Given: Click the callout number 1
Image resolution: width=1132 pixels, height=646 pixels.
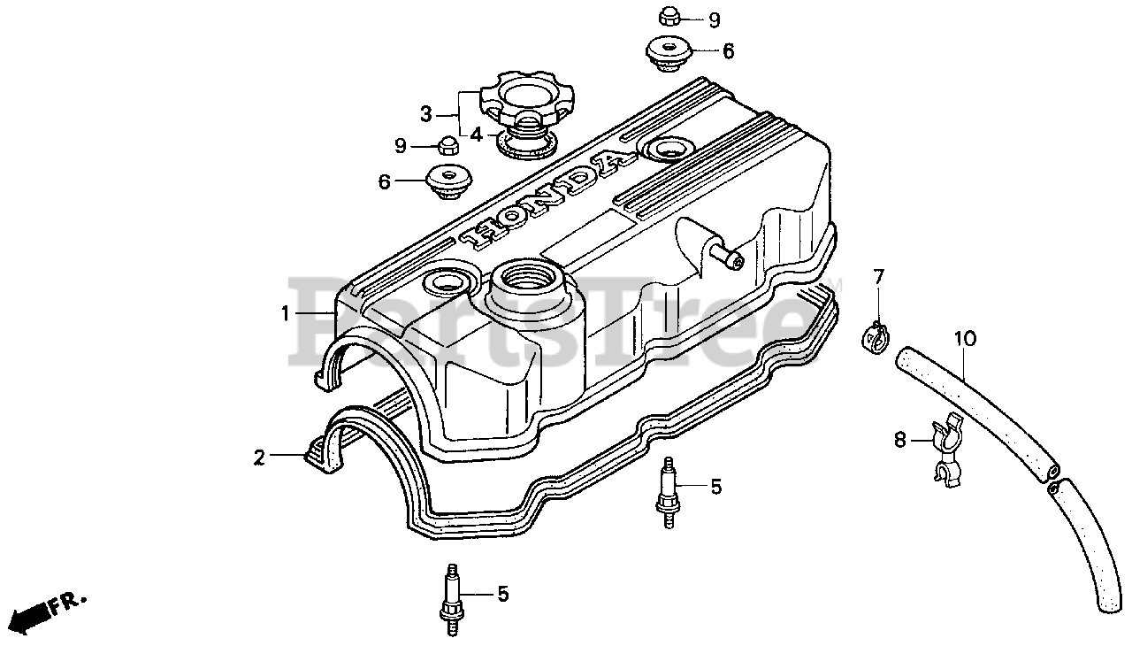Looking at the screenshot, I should click(286, 313).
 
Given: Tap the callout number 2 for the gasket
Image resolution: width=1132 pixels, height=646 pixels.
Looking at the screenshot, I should click(259, 458).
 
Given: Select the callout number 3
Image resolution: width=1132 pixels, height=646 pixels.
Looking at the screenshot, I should click(425, 114).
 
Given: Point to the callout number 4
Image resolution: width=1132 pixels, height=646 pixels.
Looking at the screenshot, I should click(476, 135).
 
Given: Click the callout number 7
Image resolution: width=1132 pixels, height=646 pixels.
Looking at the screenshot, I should click(878, 277).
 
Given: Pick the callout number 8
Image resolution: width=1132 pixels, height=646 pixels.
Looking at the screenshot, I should click(900, 440).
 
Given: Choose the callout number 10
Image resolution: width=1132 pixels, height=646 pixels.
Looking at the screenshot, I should click(965, 338).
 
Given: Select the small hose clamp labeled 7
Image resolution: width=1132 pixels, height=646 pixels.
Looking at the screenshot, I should click(876, 335).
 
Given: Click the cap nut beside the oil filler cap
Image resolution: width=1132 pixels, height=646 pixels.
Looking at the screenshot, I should click(447, 143).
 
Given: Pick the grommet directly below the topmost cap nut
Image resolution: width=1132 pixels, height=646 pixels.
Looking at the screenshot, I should click(669, 50).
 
